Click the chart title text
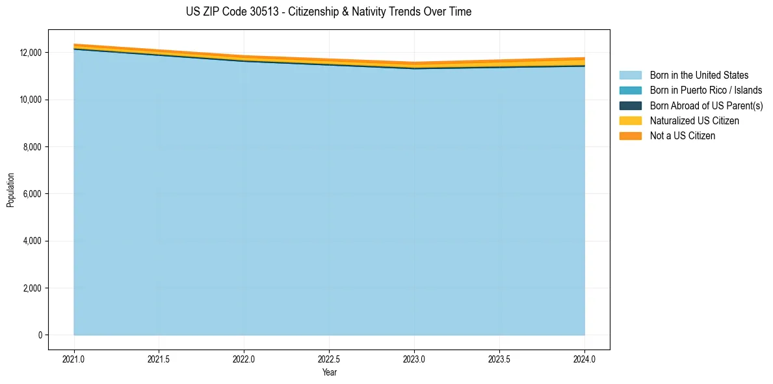coord(328,12)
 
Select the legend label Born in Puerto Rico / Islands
coord(706,90)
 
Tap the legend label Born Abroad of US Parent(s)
coord(706,105)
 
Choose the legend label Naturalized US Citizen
coord(694,121)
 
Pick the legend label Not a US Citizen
coord(683,136)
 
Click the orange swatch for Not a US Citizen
coord(630,136)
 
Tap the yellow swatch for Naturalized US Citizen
coord(630,121)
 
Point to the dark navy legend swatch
coord(630,105)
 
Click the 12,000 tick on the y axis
coord(31,53)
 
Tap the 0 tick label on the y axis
coord(40,335)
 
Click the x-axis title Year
coord(329,373)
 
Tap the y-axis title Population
coord(10,190)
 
